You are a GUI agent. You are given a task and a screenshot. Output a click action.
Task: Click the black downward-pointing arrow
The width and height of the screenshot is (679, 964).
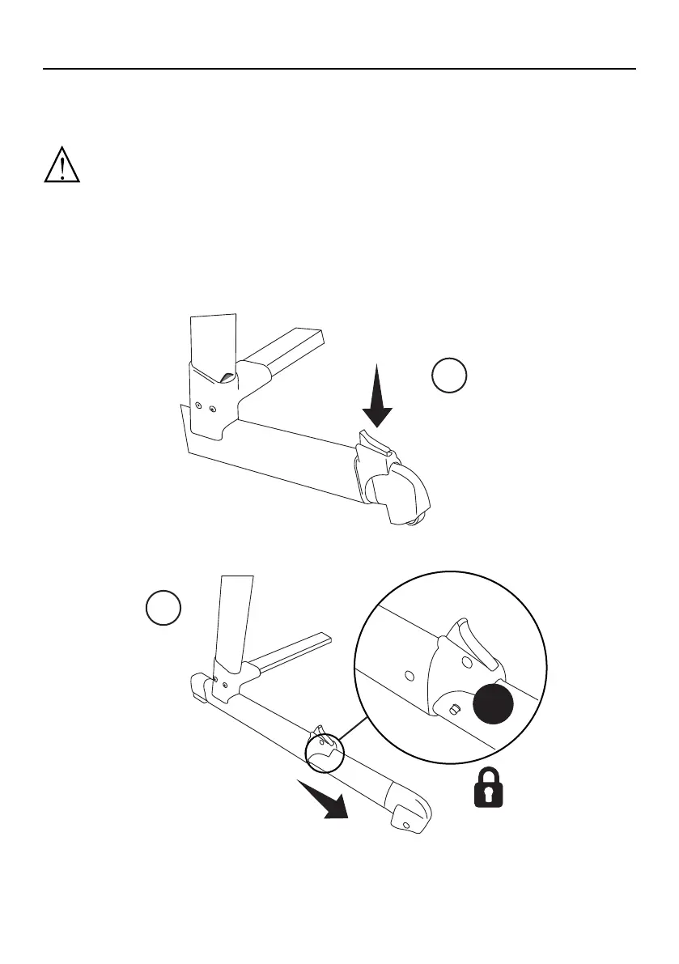(x=377, y=396)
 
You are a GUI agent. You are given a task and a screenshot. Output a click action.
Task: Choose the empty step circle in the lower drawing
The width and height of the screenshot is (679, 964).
(x=163, y=609)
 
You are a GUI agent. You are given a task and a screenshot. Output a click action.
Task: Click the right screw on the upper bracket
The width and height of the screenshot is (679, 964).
(x=212, y=410)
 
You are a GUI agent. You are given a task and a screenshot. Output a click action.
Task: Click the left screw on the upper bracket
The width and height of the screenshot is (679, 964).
(x=198, y=406)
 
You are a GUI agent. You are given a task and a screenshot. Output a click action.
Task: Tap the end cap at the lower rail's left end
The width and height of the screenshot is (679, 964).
(x=199, y=688)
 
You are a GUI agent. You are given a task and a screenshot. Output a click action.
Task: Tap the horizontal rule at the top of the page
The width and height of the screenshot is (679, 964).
(x=339, y=70)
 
